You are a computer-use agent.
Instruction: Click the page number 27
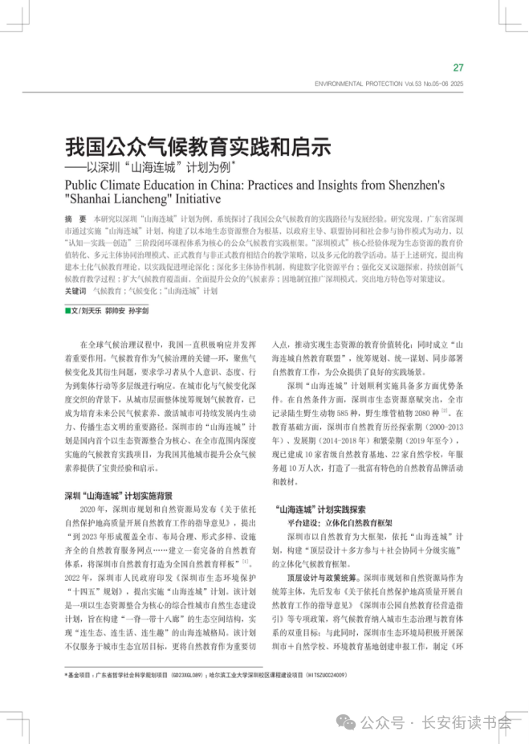(458, 67)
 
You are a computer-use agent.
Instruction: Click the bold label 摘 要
(75, 219)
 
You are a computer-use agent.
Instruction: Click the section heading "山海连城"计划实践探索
(320, 509)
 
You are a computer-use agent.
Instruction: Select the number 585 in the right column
(364, 412)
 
